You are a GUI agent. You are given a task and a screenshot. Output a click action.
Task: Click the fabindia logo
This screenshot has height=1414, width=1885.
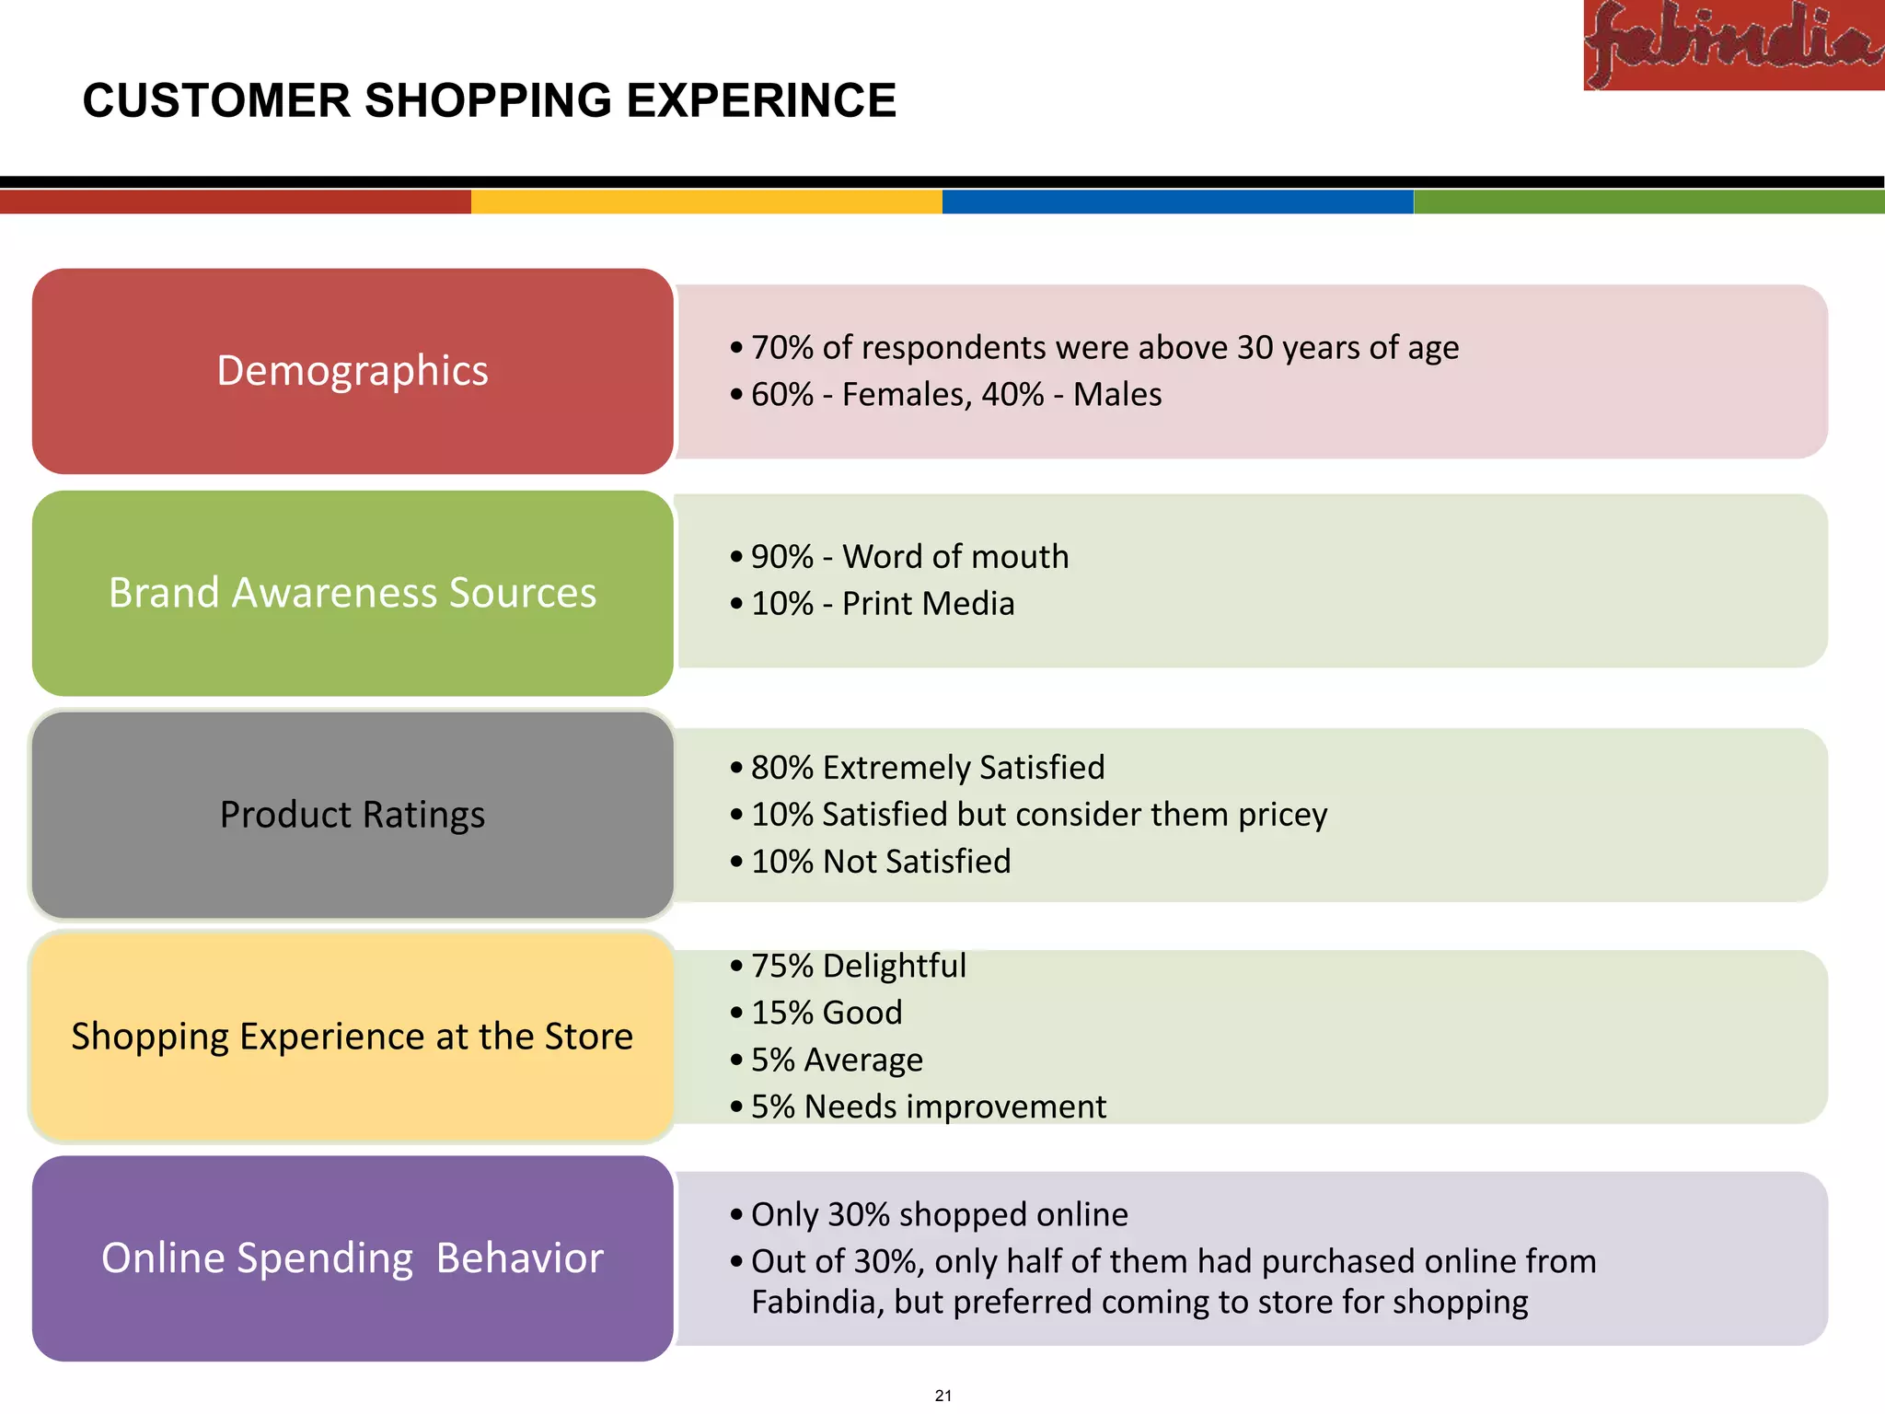1733,44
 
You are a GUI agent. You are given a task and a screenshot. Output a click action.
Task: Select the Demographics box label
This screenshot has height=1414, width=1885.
353,371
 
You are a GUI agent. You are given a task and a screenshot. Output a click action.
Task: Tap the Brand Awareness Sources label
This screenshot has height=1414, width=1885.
353,593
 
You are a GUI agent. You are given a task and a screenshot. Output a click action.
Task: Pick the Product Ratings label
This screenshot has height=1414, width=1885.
353,815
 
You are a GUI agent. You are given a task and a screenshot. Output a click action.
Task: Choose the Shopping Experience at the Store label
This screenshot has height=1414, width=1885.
353,1037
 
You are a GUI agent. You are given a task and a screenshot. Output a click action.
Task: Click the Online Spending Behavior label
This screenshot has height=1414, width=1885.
353,1258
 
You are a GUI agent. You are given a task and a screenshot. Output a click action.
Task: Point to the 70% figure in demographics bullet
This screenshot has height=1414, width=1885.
782,348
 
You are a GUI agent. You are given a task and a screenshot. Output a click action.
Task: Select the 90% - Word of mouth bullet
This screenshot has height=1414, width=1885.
909,557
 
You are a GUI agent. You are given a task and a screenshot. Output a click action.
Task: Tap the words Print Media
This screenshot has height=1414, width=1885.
928,604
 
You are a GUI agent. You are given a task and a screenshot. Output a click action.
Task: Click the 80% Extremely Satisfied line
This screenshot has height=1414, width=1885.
927,768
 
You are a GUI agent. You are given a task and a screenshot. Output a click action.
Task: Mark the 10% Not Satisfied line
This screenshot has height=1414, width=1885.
880,862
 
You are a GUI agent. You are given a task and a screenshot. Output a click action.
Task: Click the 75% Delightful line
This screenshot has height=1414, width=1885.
858,966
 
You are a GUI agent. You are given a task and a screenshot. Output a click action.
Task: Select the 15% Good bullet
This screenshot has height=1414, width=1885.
826,1013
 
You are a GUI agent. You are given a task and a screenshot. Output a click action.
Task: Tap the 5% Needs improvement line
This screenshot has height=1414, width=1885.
928,1107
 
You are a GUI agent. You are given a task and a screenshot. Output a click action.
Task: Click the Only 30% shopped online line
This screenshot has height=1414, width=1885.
939,1214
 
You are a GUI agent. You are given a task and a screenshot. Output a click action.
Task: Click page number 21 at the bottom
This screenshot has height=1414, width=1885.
942,1396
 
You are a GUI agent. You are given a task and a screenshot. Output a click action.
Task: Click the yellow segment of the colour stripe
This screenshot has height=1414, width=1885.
707,202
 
